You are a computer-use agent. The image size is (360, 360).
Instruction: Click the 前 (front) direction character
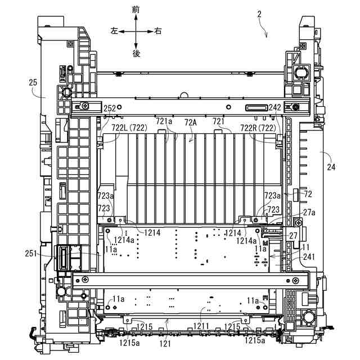click(136, 9)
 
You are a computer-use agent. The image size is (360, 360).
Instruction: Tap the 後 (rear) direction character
click(136, 53)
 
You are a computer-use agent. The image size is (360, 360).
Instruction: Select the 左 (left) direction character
click(114, 31)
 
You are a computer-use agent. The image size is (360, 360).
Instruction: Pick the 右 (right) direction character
click(157, 31)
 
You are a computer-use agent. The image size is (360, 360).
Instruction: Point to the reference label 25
click(33, 82)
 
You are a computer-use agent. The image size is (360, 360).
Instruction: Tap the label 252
click(110, 109)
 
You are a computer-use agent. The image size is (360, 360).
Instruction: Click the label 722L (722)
click(129, 128)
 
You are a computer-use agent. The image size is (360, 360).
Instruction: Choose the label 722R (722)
click(258, 128)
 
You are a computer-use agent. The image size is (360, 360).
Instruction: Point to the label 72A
click(191, 123)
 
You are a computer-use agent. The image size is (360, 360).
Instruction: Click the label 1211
click(202, 326)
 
